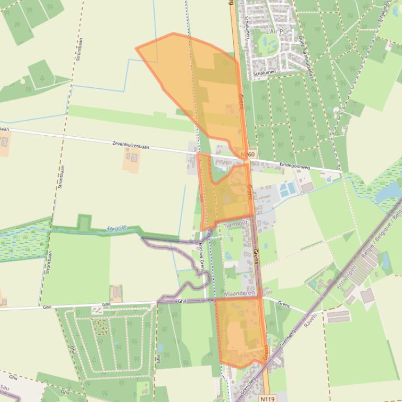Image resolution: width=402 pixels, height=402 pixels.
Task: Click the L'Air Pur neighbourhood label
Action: pos(277,32)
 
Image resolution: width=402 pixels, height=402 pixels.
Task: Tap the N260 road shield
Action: pos(248,155)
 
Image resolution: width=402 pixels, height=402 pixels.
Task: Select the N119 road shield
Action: pos(266,396)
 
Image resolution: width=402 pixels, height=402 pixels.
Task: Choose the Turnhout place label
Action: pos(235,224)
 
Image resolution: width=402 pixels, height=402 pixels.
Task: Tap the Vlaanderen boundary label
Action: pos(239,294)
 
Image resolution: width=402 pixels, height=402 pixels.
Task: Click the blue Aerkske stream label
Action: pos(117,228)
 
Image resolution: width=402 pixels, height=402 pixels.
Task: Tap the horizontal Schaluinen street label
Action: pos(264,74)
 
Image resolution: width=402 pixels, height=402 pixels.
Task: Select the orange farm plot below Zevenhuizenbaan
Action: pos(131,159)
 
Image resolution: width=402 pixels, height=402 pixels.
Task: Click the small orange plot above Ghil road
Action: pos(116,293)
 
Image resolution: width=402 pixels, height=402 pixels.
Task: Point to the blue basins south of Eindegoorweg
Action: pos(287,190)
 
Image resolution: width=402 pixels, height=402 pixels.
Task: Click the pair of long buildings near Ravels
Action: pos(338,316)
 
